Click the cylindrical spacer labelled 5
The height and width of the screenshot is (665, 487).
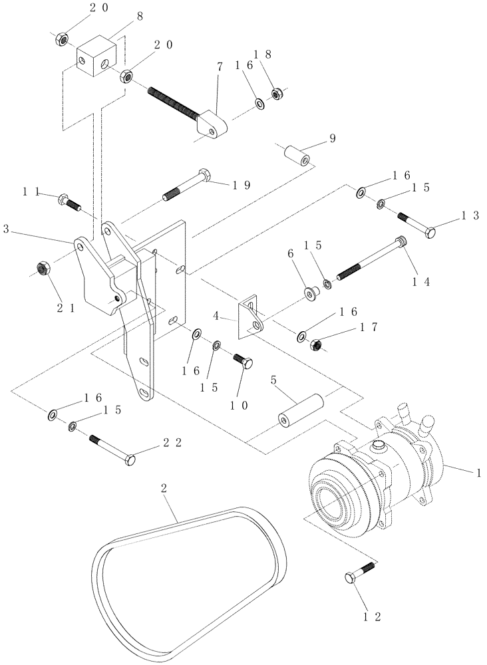coord(299,410)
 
